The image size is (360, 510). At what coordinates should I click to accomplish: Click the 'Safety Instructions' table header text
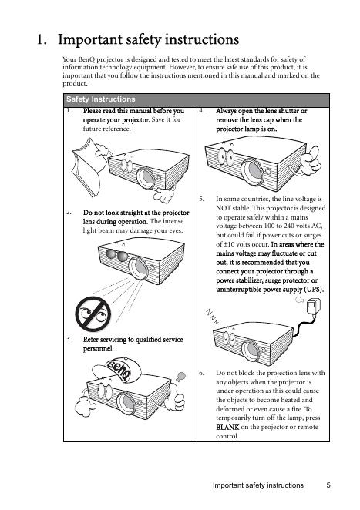pos(100,99)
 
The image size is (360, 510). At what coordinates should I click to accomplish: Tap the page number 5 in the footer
pos(328,485)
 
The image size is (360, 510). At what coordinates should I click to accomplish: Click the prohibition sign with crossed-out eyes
pos(93,314)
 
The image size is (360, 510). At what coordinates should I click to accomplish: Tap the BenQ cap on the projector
pos(116,370)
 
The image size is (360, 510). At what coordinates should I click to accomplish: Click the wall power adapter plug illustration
pos(314,306)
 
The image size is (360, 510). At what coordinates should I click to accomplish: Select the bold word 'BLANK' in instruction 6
pos(227,427)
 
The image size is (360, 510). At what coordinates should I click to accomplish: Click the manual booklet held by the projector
pos(87,167)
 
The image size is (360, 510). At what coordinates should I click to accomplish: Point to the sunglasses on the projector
pos(117,255)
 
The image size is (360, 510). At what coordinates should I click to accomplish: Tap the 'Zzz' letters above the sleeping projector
pos(212,316)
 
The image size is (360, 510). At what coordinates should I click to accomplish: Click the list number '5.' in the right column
pos(202,199)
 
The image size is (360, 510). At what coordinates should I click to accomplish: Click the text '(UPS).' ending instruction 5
pos(314,290)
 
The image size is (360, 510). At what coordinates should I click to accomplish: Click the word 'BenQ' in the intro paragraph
pos(86,59)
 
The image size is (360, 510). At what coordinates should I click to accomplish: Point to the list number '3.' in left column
pos(69,339)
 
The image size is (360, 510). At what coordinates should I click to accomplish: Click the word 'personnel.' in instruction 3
pos(99,349)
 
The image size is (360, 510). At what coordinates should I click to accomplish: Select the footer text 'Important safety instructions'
pos(257,485)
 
